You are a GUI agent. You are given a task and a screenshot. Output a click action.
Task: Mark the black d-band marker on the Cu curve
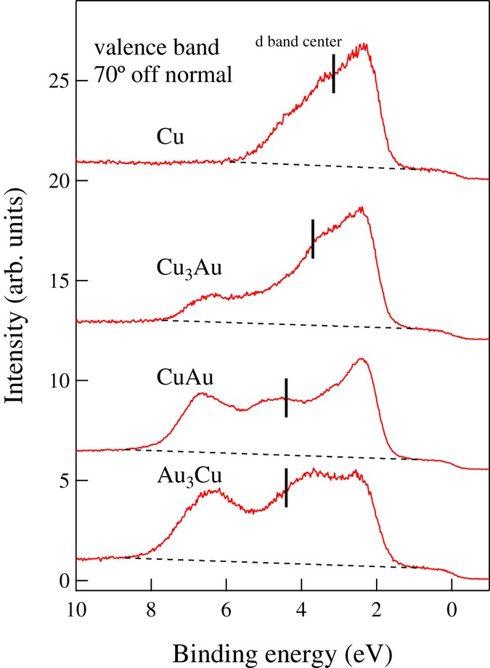[x=333, y=73]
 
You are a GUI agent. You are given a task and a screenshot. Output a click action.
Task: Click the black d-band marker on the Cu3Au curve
[x=313, y=238]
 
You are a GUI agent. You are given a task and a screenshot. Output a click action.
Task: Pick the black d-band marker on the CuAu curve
[x=286, y=398]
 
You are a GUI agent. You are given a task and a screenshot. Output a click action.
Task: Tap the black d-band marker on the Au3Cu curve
[x=286, y=487]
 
